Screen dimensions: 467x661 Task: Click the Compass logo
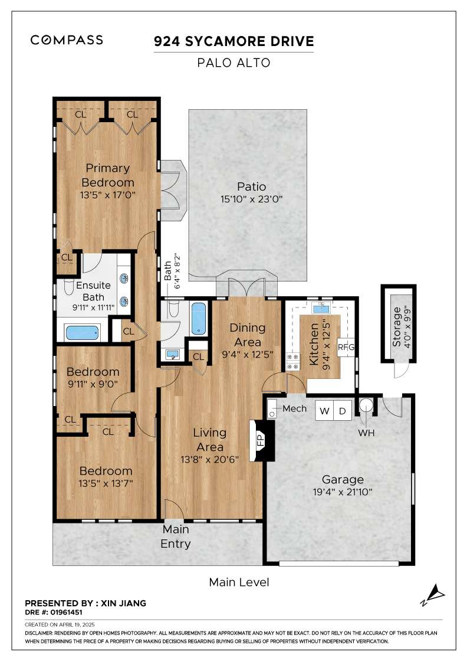[x=67, y=40]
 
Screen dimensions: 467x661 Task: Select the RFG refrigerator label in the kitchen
[x=346, y=348]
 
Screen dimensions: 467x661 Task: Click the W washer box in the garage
[x=325, y=411]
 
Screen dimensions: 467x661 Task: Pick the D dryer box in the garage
[x=343, y=411]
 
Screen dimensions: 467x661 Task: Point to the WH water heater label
[x=366, y=433]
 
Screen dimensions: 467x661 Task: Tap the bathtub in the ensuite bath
[x=83, y=332]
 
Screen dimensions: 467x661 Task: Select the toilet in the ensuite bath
[x=69, y=286]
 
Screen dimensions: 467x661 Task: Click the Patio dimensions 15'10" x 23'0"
[x=251, y=199]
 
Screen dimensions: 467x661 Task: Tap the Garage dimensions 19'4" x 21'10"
[x=343, y=492]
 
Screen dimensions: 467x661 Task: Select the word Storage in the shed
[x=396, y=327]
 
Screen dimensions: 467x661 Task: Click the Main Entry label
[x=176, y=536]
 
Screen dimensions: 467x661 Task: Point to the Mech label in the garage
[x=294, y=408]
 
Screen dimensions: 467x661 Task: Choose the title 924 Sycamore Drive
[x=233, y=41]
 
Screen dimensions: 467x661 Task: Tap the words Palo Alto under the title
[x=233, y=63]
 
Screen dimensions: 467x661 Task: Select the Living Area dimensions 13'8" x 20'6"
[x=210, y=460]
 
